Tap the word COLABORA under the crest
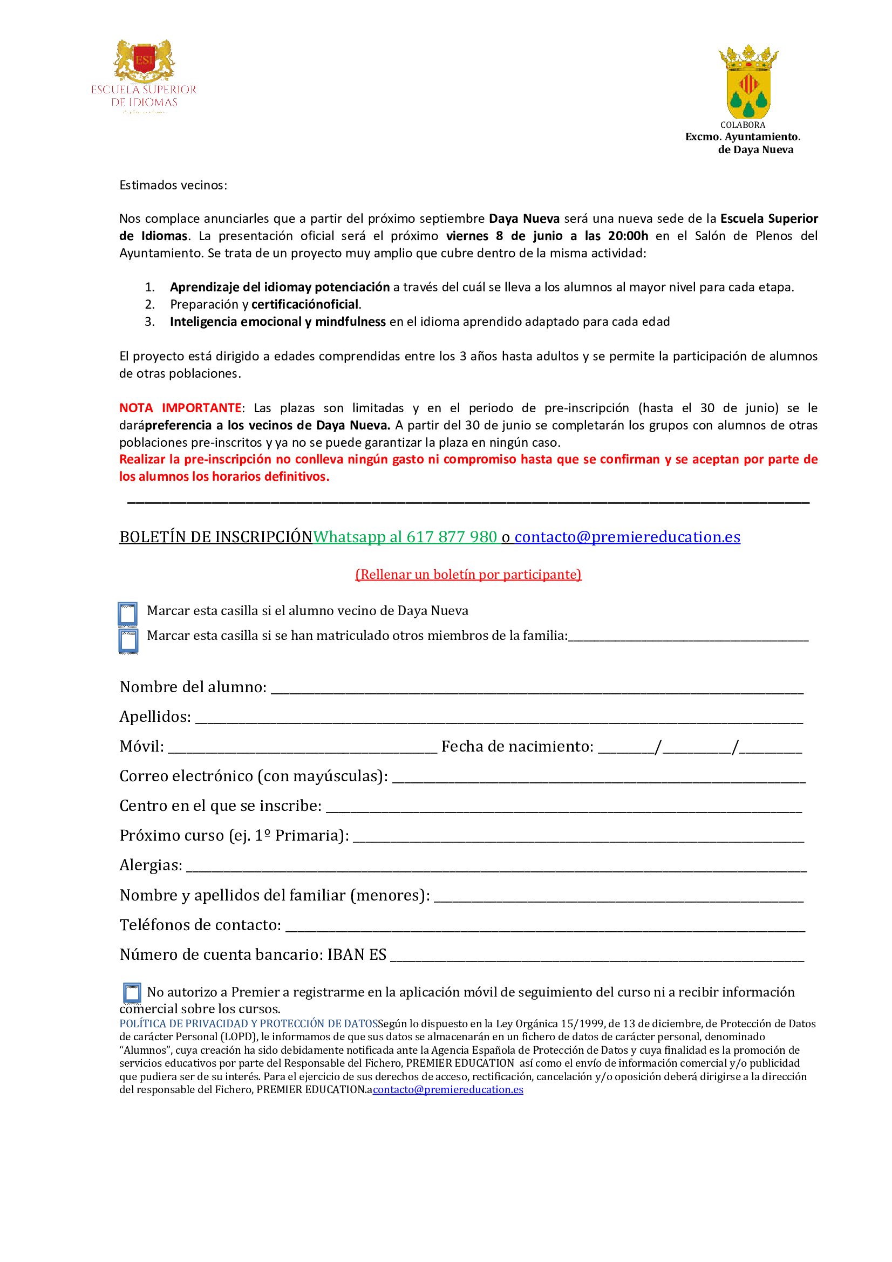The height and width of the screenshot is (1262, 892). [x=743, y=125]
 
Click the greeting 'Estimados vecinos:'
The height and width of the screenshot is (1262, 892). [x=173, y=185]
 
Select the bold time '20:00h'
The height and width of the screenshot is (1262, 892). [x=628, y=236]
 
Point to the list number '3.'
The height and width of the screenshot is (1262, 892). [x=149, y=322]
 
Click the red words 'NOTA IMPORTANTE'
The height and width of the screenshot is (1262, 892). [x=180, y=408]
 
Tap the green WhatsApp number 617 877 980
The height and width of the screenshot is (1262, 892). [x=451, y=537]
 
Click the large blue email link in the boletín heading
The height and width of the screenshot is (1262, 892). [x=627, y=537]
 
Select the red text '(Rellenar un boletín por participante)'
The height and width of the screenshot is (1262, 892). [x=468, y=575]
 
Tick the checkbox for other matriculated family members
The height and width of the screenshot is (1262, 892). [x=128, y=641]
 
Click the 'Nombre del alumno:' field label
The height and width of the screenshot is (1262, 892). [x=193, y=687]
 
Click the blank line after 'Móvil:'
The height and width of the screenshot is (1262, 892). [x=302, y=747]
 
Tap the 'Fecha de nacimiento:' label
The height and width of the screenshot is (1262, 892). [x=517, y=746]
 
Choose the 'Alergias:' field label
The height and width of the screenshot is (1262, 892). [x=151, y=865]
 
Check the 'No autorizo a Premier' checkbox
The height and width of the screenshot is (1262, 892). [x=132, y=993]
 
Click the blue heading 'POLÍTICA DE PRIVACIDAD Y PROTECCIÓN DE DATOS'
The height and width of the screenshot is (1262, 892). [x=248, y=1024]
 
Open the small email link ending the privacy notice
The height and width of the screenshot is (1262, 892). [x=448, y=1089]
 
